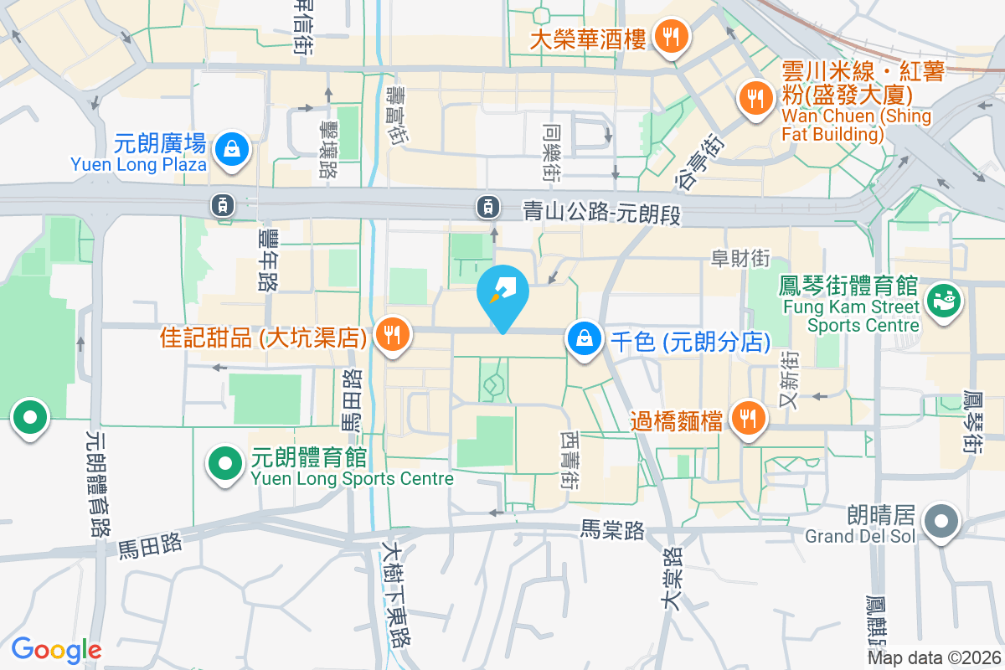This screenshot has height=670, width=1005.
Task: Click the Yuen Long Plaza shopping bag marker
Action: [x=227, y=151]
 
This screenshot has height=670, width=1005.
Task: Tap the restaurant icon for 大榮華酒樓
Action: [x=669, y=37]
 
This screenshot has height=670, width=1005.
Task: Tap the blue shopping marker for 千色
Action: [x=584, y=339]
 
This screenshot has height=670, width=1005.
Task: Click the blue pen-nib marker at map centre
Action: [x=502, y=293]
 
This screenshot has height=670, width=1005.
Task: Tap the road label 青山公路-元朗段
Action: [x=601, y=214]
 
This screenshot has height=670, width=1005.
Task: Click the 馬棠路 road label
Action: [x=612, y=530]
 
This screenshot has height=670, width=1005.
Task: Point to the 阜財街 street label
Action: [x=740, y=259]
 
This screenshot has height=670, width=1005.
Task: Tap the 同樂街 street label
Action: [x=552, y=154]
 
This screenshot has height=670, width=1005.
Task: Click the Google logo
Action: [x=56, y=650]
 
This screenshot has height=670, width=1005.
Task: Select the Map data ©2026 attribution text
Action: [x=933, y=657]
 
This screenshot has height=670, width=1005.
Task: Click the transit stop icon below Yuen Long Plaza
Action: [x=222, y=204]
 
